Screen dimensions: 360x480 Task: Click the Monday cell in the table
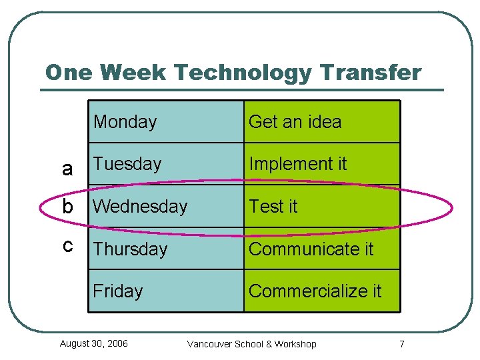pyautogui.click(x=165, y=122)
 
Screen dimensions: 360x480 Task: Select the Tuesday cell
pyautogui.click(x=165, y=164)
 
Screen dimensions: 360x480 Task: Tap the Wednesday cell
pyautogui.click(x=165, y=207)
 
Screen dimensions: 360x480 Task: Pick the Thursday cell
pyautogui.click(x=165, y=249)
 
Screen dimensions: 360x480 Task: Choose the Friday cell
pyautogui.click(x=165, y=291)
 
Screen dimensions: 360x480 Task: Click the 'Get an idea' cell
pyautogui.click(x=321, y=122)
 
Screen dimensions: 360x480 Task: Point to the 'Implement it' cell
pyautogui.click(x=321, y=164)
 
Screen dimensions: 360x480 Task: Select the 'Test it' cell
pyautogui.click(x=321, y=207)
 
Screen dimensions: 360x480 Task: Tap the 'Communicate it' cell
pyautogui.click(x=321, y=249)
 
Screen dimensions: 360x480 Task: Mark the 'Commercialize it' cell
pyautogui.click(x=321, y=291)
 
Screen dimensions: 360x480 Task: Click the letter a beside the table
pyautogui.click(x=67, y=169)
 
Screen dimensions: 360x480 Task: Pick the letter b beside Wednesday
pyautogui.click(x=67, y=207)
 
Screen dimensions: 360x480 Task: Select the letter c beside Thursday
pyautogui.click(x=67, y=245)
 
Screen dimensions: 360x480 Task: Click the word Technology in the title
pyautogui.click(x=239, y=73)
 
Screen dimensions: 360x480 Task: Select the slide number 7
pyautogui.click(x=401, y=344)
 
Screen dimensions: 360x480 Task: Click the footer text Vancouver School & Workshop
pyautogui.click(x=252, y=344)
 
